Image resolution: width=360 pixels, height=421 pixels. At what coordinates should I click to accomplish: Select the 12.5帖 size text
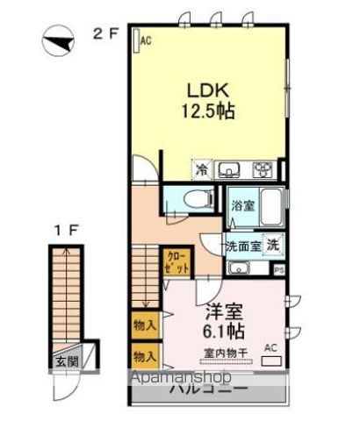point(207,111)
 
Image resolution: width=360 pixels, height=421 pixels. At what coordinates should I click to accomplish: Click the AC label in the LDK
point(146,39)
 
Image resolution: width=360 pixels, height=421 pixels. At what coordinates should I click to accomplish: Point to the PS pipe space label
point(279,270)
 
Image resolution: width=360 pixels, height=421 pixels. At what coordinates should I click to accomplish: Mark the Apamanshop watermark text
point(182,377)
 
